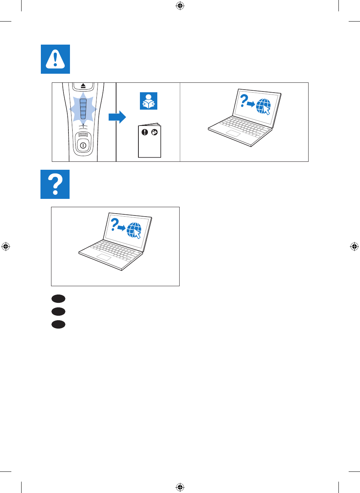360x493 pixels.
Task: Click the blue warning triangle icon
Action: (x=55, y=59)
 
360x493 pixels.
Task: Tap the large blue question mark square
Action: (x=55, y=184)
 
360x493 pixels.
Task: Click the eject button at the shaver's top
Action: (x=83, y=86)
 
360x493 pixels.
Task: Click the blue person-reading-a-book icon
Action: (x=148, y=101)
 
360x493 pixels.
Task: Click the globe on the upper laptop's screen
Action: (x=263, y=106)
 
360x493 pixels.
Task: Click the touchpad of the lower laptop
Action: (x=103, y=258)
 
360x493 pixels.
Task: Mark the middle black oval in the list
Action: (x=59, y=312)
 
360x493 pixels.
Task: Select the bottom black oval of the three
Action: (x=59, y=324)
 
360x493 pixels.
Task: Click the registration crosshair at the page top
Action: (x=180, y=6)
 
